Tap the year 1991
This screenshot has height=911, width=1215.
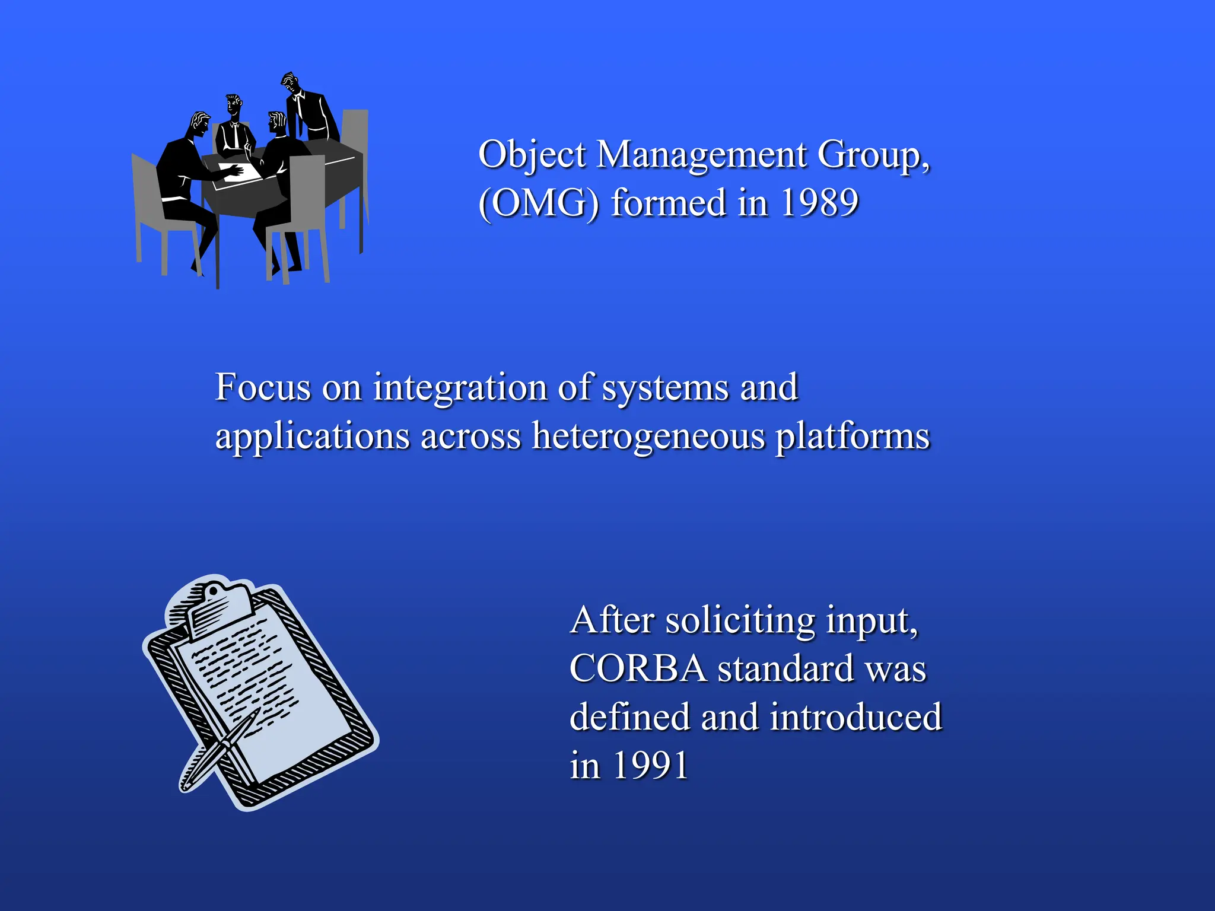pyautogui.click(x=650, y=765)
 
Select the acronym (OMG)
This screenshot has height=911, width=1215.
pyautogui.click(x=539, y=203)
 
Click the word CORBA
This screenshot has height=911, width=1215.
pyautogui.click(x=638, y=669)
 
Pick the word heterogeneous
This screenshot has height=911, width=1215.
pyautogui.click(x=648, y=436)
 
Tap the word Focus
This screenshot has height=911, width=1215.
pyautogui.click(x=263, y=387)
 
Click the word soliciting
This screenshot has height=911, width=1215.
pyautogui.click(x=740, y=621)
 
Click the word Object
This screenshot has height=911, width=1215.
pyautogui.click(x=532, y=155)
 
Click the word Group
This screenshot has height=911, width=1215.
pyautogui.click(x=872, y=155)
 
